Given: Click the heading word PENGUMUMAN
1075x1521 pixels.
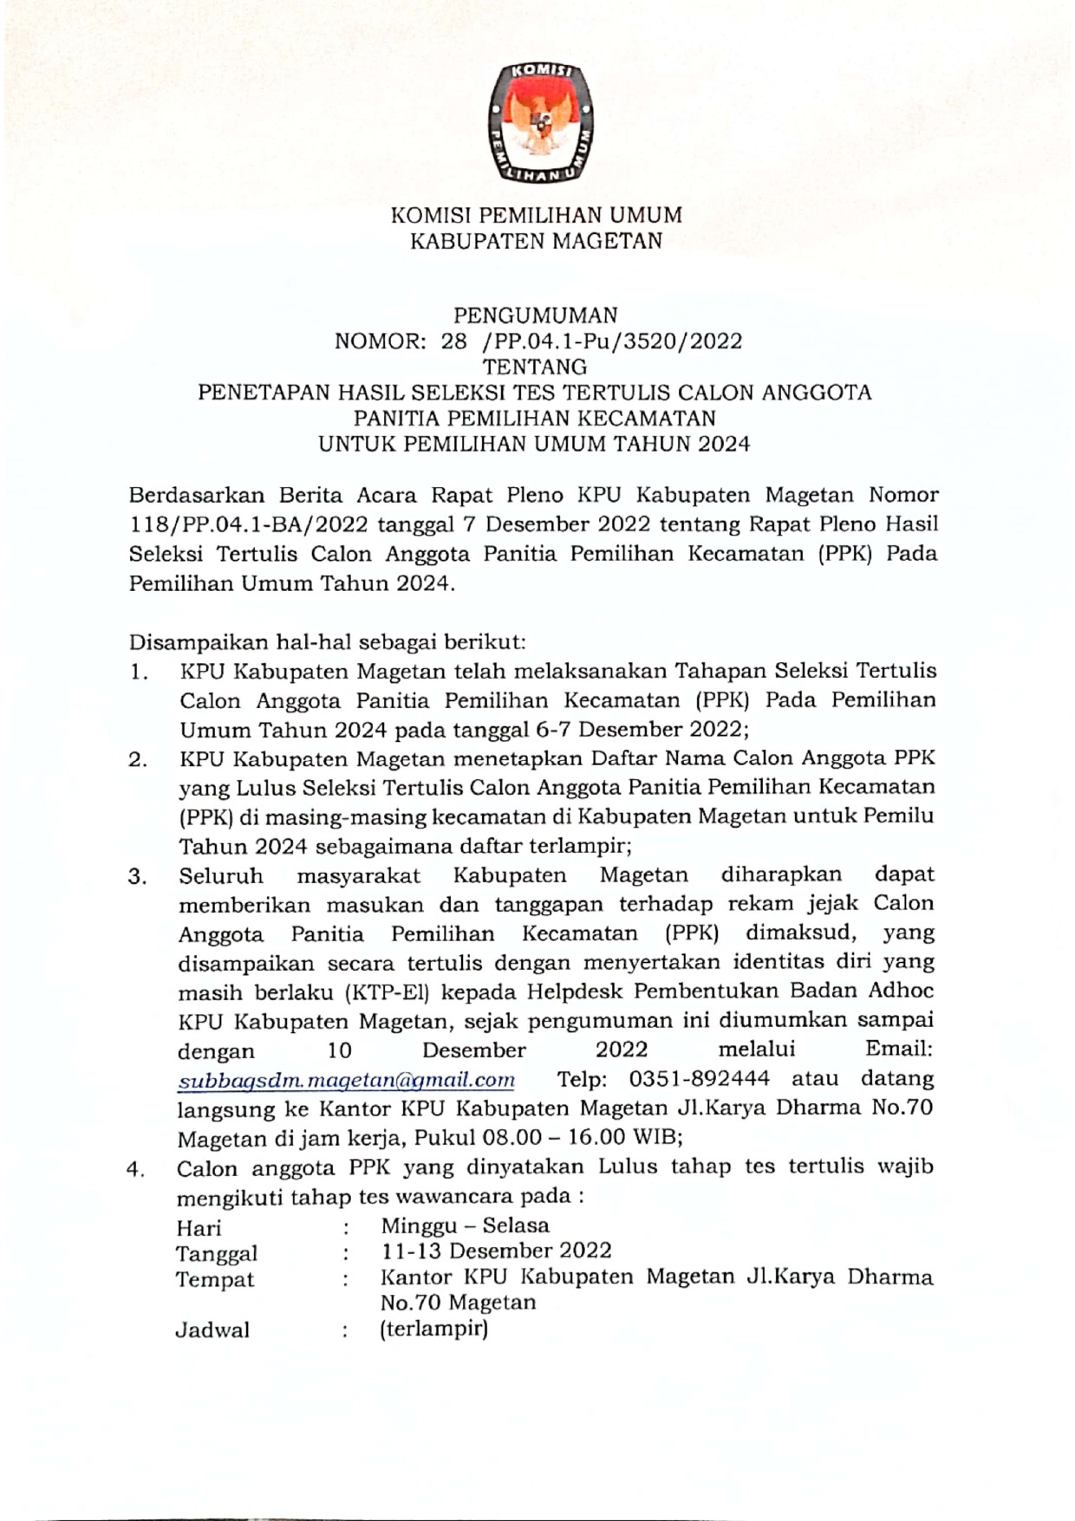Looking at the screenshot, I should click(x=536, y=315).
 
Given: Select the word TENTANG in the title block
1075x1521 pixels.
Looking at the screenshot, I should click(x=535, y=367).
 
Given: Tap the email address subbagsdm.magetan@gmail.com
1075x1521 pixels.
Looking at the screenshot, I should click(x=346, y=1081).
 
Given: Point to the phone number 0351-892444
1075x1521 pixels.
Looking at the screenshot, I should click(x=699, y=1079).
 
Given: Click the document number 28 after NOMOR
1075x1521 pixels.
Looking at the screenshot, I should click(x=454, y=341).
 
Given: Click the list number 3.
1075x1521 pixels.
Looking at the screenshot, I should click(x=137, y=877).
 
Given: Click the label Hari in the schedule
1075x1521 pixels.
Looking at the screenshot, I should click(x=199, y=1228).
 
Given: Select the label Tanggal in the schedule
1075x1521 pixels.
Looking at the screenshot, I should click(x=217, y=1254).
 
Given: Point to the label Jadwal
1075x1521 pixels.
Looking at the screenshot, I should click(x=212, y=1330).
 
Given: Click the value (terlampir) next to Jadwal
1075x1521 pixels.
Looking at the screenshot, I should click(x=433, y=1329).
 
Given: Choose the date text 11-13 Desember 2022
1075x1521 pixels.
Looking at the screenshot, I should click(x=496, y=1251).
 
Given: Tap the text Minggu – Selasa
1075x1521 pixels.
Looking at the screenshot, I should click(x=465, y=1225).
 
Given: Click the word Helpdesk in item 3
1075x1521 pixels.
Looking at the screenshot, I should click(x=573, y=991).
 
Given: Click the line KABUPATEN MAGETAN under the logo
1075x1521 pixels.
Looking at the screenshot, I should click(x=536, y=241).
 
